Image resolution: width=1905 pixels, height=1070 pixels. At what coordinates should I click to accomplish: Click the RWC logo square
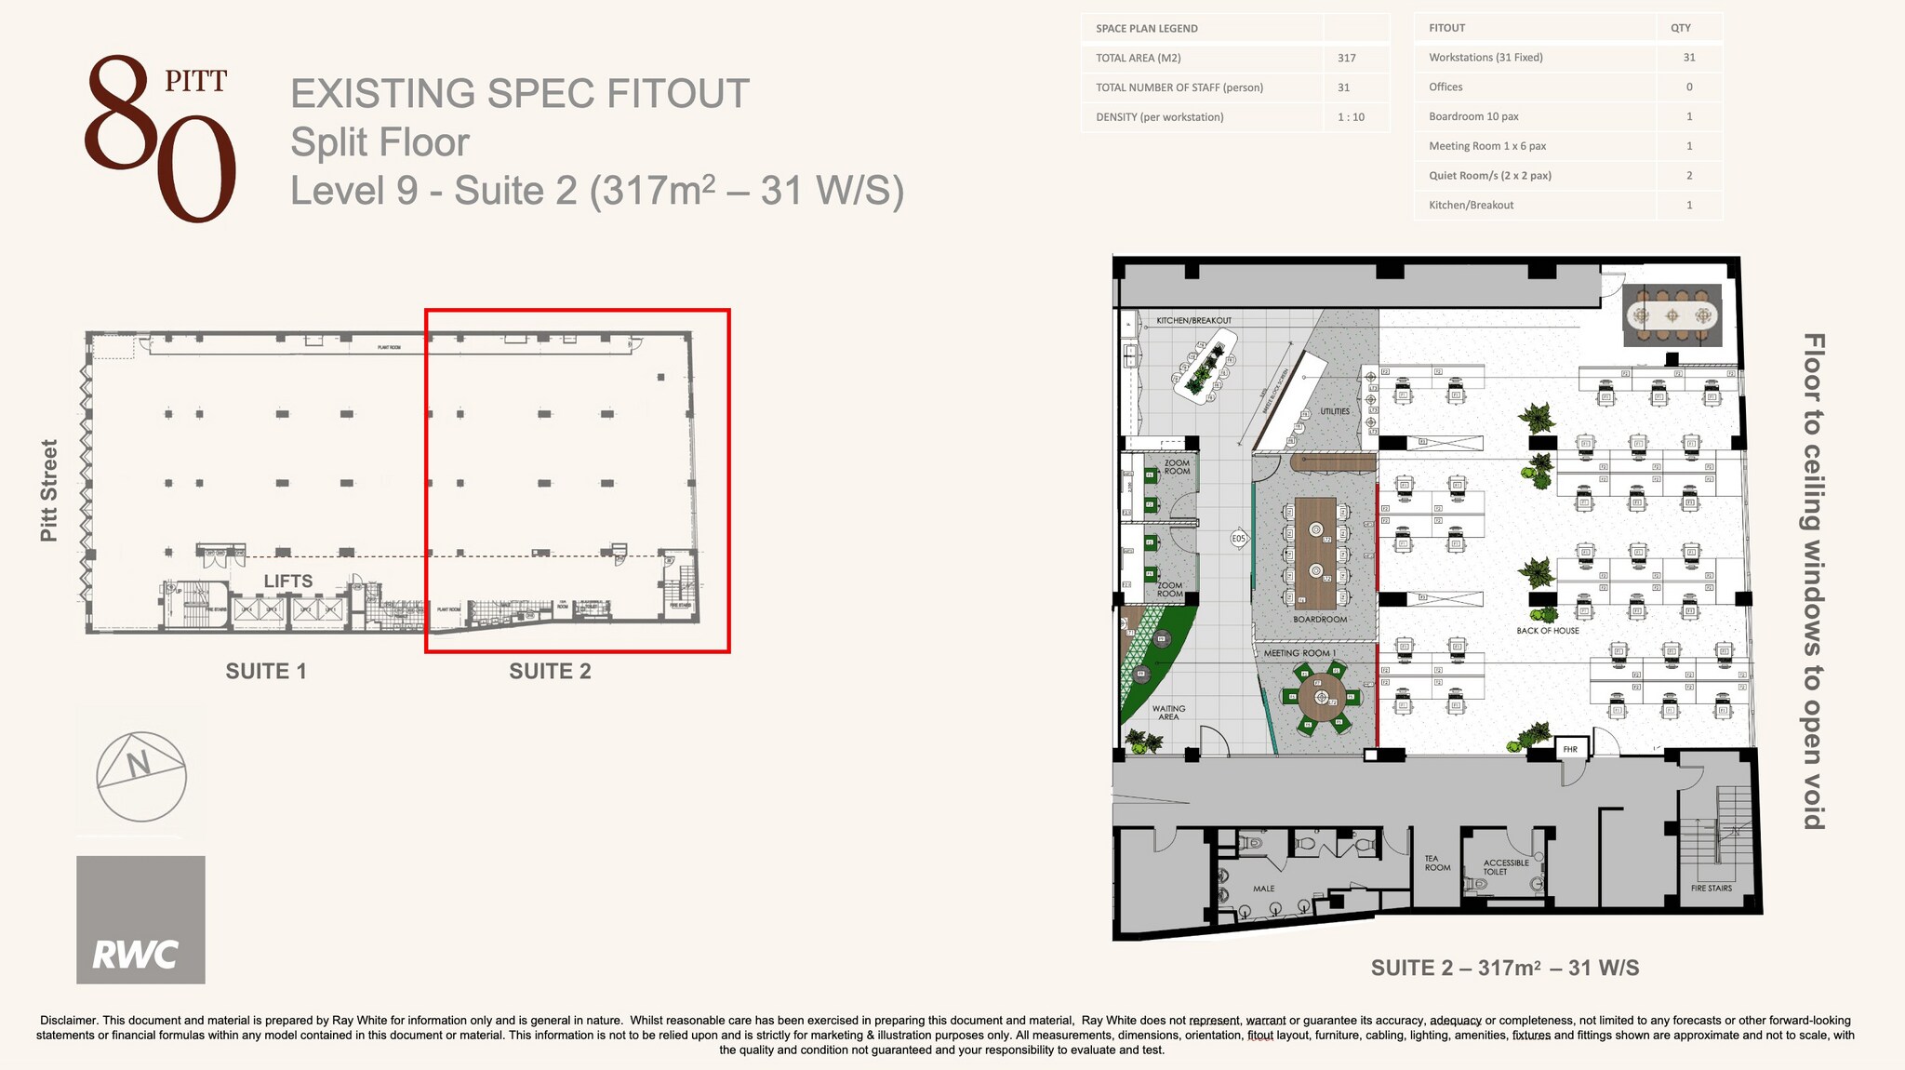140,919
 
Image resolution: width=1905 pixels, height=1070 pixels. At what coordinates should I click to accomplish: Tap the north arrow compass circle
141,777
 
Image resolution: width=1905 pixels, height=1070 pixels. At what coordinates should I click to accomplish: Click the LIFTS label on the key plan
287,581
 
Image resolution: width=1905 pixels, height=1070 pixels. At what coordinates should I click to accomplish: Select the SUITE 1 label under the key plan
266,671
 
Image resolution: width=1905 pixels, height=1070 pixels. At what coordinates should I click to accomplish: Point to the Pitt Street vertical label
49,490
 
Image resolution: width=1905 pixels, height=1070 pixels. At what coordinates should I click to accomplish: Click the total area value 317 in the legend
1346,58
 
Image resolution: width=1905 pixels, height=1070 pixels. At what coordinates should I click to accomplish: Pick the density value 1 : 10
1351,117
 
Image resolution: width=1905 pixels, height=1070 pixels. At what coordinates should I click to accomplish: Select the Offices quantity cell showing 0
1688,87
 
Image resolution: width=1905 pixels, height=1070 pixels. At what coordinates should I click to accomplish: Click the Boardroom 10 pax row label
1473,116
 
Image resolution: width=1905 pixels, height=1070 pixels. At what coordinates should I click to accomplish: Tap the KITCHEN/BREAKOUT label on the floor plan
1193,320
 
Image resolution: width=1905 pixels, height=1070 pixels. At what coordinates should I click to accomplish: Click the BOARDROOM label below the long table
1319,619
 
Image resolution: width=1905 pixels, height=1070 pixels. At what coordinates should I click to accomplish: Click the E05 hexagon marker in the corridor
1238,539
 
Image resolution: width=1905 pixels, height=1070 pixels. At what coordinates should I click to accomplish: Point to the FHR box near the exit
1570,749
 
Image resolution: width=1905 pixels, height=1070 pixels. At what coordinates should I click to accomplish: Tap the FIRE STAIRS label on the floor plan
1711,888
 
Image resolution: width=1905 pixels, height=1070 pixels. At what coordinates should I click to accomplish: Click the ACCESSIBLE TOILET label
1505,867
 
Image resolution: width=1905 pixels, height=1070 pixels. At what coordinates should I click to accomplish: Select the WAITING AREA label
1168,713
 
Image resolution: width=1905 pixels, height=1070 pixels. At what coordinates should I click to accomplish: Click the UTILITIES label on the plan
1334,411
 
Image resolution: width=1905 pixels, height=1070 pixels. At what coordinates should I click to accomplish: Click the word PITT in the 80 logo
195,82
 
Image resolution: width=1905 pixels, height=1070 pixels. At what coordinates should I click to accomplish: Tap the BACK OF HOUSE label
1547,631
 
